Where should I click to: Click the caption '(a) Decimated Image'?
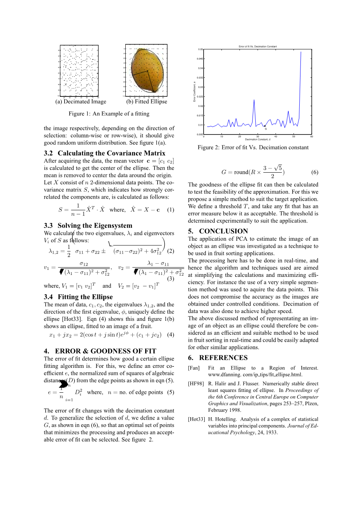(81, 101)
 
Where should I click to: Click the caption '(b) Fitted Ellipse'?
(147, 101)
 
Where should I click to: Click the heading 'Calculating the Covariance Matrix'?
(111, 153)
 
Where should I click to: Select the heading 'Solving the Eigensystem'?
(95, 226)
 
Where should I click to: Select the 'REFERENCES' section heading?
(223, 358)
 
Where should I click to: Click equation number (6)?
(315, 172)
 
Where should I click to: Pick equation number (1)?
(170, 210)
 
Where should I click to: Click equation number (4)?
(170, 334)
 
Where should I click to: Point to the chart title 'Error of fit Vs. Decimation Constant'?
(258, 47)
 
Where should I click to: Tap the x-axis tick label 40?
(276, 136)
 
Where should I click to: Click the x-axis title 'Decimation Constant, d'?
(258, 139)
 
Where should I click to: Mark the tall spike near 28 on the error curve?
(254, 100)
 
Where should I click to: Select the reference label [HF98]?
(196, 383)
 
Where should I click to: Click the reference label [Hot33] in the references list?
(196, 419)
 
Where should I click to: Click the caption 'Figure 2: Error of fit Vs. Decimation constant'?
(253, 147)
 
